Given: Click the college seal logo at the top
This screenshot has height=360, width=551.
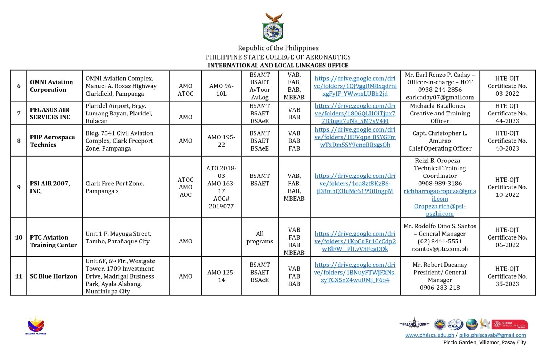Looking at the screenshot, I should click(273, 28).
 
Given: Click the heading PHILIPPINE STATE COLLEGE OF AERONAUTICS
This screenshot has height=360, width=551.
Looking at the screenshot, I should click(278, 57).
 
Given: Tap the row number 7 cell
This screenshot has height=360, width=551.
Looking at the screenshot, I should click(19, 113).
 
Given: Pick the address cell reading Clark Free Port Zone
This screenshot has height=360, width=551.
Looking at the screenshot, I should click(115, 187).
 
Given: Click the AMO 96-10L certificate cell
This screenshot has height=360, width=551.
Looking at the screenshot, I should click(221, 90).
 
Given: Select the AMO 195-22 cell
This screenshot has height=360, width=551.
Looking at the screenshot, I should click(221, 141).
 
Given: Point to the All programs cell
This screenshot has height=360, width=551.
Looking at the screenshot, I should click(260, 237).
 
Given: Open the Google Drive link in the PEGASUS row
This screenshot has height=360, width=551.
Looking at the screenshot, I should click(355, 114).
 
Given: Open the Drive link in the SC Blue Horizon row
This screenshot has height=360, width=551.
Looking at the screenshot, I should click(355, 273).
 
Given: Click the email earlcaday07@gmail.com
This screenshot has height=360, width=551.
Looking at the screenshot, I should click(440, 98).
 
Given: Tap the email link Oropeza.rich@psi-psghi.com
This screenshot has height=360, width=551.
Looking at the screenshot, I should click(440, 210).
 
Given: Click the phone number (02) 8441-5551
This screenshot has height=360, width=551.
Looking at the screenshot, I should click(440, 241).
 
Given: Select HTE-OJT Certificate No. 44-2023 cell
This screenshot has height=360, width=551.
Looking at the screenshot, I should click(507, 113).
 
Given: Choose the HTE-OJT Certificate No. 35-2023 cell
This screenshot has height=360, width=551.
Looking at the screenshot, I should click(507, 276).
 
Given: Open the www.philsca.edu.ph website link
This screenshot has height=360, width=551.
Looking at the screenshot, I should click(429, 335).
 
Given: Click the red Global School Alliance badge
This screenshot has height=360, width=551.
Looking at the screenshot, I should click(510, 325).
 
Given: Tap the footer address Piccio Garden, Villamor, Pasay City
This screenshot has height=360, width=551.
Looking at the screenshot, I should click(485, 343).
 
